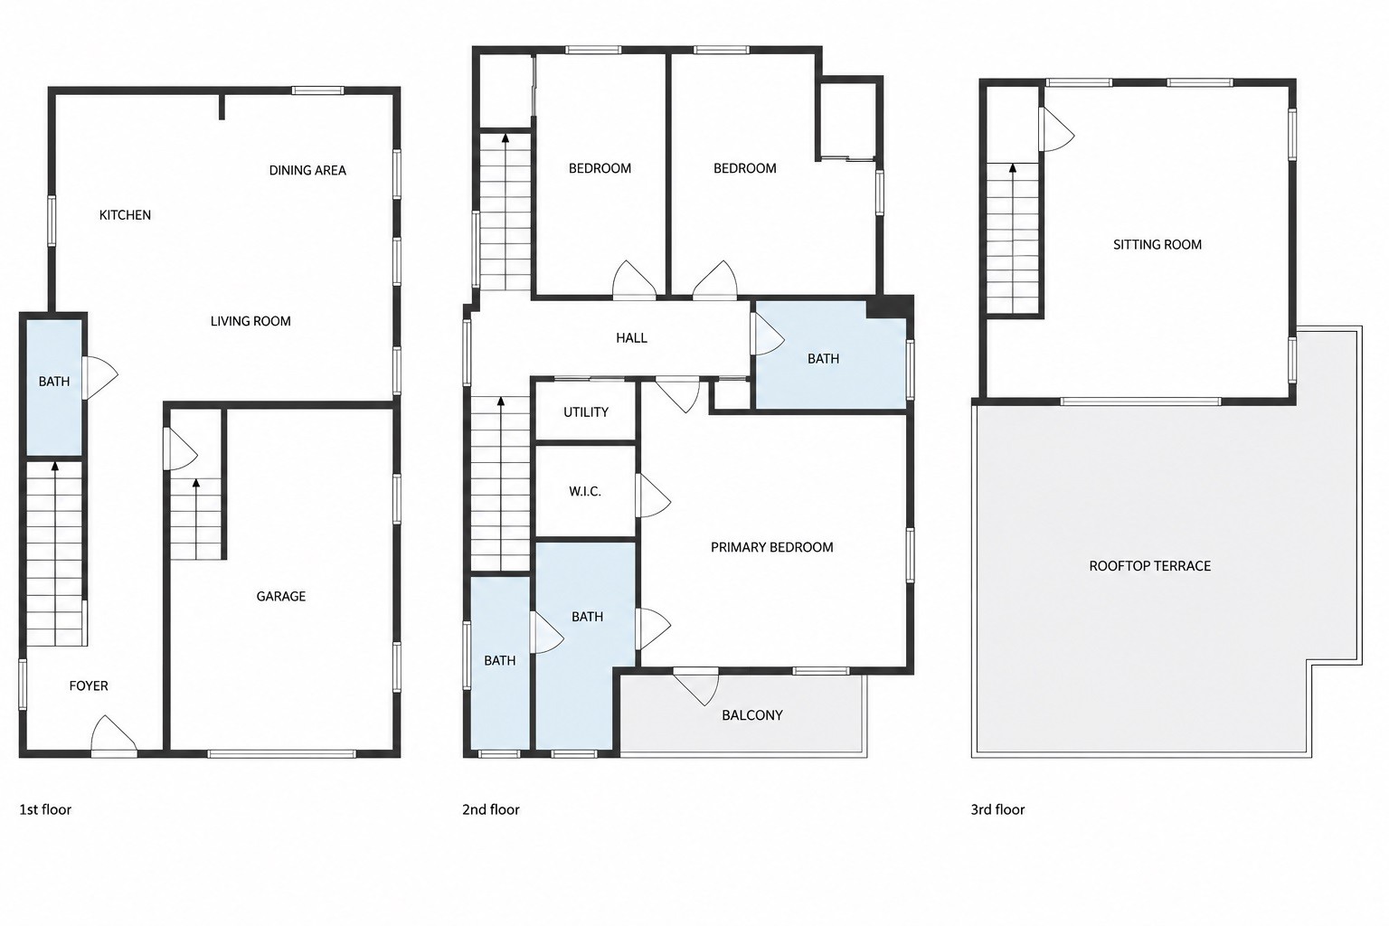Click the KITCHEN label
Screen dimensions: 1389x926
pos(125,215)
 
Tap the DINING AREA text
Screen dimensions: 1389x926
pos(307,171)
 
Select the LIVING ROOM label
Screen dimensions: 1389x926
pos(250,321)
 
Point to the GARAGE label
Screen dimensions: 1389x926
pos(281,597)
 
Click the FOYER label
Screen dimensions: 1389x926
pos(89,686)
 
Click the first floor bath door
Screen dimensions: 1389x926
pos(99,377)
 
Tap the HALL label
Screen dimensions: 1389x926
pos(631,338)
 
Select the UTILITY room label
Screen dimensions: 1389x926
pos(586,412)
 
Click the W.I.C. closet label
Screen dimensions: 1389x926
pos(585,492)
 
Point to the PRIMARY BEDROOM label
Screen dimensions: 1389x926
pos(772,548)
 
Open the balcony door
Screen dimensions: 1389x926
pos(696,686)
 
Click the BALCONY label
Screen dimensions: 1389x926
pos(752,715)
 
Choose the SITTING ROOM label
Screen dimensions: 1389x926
pos(1157,245)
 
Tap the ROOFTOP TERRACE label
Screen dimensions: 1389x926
pos(1149,566)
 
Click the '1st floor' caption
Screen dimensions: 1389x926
pos(45,810)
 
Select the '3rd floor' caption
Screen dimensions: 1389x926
pos(997,810)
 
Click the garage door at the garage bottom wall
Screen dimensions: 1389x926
pos(281,754)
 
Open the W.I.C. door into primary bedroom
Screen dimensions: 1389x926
pos(654,496)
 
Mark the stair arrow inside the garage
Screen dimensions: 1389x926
pos(196,518)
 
